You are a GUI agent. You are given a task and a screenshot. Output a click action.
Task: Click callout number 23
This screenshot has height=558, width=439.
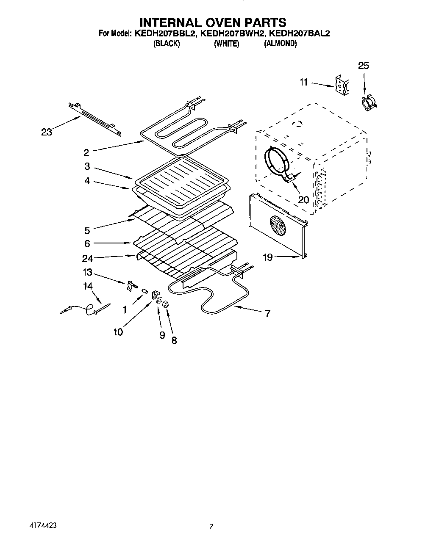click(x=46, y=132)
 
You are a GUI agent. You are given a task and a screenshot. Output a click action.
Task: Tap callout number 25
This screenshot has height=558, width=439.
click(x=364, y=66)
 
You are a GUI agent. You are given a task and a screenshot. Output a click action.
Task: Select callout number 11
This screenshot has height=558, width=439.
click(x=303, y=82)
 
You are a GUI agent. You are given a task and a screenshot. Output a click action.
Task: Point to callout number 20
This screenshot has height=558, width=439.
click(x=303, y=199)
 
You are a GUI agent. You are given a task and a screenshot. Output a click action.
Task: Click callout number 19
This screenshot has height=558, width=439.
click(x=268, y=257)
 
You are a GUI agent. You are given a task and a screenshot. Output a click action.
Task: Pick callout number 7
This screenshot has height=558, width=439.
click(x=267, y=314)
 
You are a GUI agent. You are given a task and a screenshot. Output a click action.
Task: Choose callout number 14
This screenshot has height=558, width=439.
click(x=88, y=286)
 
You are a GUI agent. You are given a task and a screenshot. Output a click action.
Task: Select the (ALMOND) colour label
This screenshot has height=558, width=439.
click(x=280, y=44)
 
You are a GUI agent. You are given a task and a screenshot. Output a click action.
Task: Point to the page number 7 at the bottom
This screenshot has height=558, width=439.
click(x=211, y=527)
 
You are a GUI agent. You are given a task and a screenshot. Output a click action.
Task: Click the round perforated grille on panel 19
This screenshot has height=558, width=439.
click(x=278, y=225)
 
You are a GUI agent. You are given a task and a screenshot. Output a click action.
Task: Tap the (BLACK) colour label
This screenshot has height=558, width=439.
click(x=167, y=44)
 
